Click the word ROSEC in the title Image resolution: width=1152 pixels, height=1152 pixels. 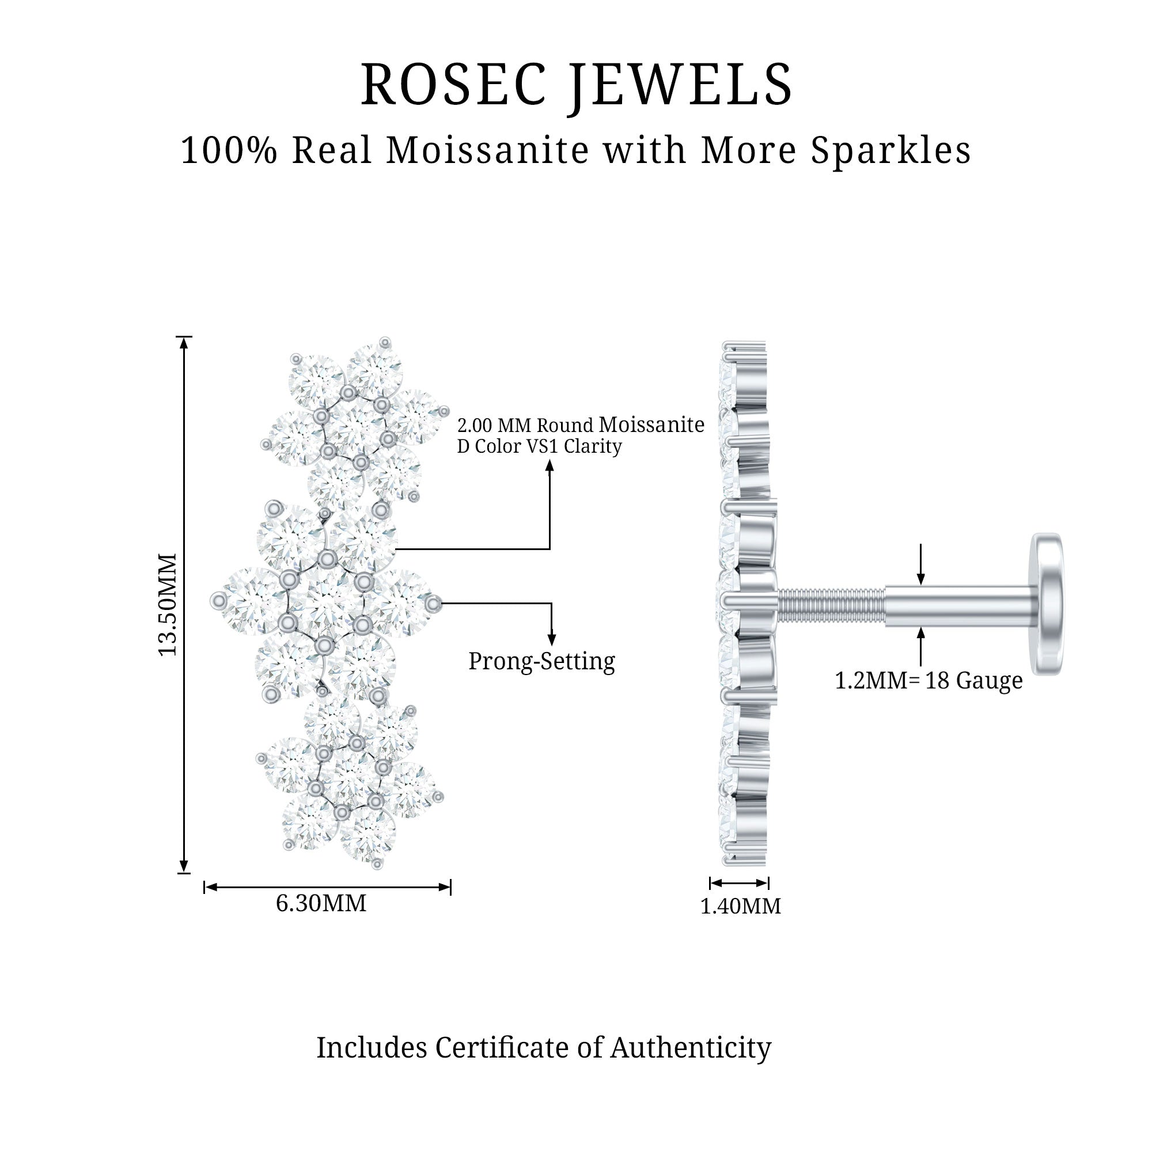tap(453, 85)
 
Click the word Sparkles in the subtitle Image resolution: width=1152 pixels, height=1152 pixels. tap(891, 150)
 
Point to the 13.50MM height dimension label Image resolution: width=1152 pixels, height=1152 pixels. tap(168, 605)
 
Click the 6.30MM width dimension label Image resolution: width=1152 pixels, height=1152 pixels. tap(321, 903)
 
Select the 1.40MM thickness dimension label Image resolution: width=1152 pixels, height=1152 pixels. tap(740, 906)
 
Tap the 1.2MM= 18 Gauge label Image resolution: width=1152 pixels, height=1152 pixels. tap(929, 680)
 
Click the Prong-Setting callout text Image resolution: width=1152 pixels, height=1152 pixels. tap(541, 661)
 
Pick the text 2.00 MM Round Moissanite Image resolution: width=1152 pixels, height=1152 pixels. tap(581, 425)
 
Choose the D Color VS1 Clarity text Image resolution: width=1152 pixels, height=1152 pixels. tap(540, 446)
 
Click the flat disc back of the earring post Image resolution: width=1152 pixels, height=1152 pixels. tap(1048, 604)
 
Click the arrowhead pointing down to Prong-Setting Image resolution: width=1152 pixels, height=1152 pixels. tap(552, 639)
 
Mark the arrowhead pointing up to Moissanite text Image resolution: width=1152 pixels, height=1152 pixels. tap(550, 465)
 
